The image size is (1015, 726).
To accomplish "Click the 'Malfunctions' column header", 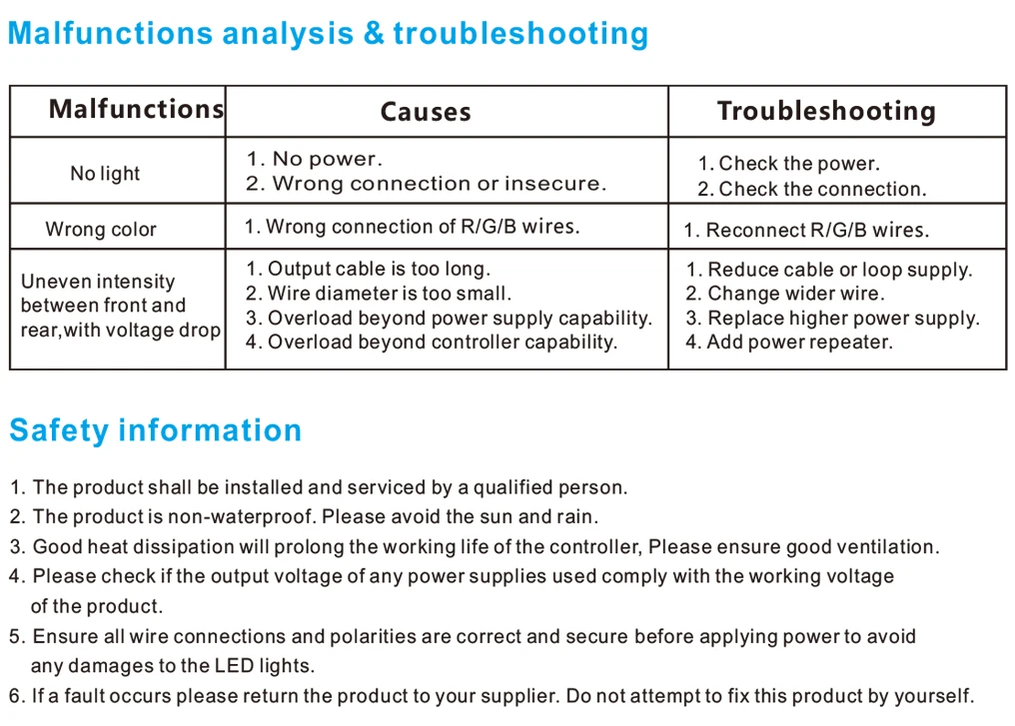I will (x=136, y=109).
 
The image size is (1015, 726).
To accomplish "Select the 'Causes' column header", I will (x=426, y=112).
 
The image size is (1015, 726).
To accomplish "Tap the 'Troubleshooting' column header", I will (x=826, y=111).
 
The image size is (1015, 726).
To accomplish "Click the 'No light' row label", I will (x=105, y=174).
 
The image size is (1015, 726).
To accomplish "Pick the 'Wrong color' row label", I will (x=101, y=230).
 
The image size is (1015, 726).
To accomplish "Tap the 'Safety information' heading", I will (x=156, y=430).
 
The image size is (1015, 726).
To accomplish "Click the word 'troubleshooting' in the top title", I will (x=520, y=34).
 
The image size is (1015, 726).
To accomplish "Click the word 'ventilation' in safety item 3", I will (x=885, y=547).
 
